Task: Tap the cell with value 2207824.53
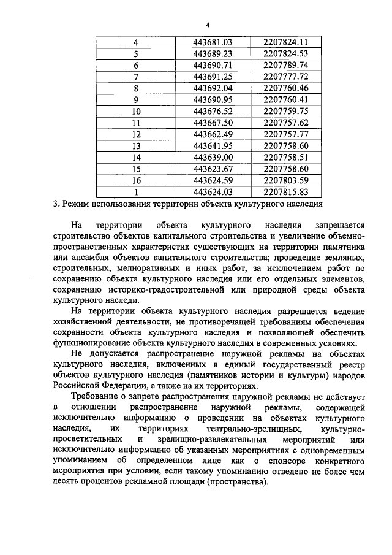(x=285, y=53)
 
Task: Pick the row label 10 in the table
(x=136, y=111)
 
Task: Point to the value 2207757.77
(x=285, y=134)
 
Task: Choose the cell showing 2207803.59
(x=285, y=180)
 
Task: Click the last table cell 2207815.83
(x=285, y=192)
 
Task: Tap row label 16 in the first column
(x=136, y=180)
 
